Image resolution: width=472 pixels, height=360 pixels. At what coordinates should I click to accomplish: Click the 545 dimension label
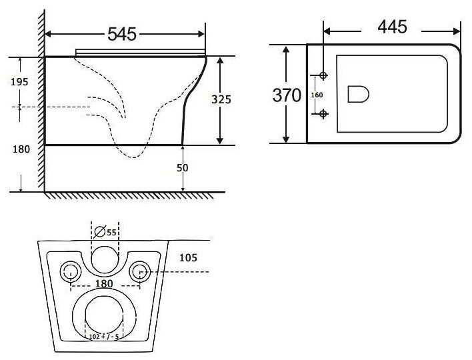(x=122, y=32)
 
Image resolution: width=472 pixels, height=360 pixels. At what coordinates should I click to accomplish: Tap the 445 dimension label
(x=392, y=27)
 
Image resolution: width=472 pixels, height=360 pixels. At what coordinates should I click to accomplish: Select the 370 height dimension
(x=287, y=95)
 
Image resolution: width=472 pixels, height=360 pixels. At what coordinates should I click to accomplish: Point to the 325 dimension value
(x=221, y=99)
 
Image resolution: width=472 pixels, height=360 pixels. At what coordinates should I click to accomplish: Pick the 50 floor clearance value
(x=182, y=168)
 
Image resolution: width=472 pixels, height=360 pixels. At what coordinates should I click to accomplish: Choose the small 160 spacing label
(x=317, y=95)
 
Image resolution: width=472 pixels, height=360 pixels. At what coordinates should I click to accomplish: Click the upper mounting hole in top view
(x=324, y=75)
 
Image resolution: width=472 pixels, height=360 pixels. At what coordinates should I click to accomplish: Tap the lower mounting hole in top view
(x=324, y=114)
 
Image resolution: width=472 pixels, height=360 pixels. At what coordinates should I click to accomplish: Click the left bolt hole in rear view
(x=70, y=270)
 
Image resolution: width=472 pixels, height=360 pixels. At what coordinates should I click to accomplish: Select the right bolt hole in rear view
(x=139, y=270)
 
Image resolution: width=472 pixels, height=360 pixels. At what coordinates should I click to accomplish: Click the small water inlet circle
(x=104, y=259)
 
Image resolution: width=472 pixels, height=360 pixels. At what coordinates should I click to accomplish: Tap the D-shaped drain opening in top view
(x=357, y=95)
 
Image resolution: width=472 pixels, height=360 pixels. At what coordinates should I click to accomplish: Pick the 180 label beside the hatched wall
(x=21, y=149)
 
